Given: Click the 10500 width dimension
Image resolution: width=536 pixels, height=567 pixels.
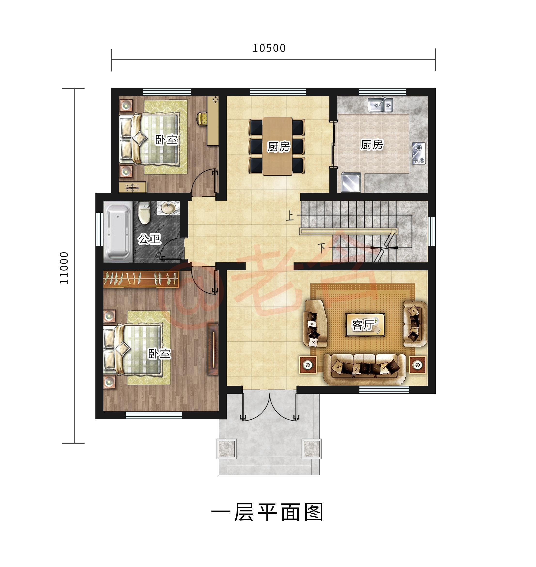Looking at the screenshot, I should tap(269, 48).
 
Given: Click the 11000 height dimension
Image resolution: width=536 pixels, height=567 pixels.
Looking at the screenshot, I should tap(64, 268).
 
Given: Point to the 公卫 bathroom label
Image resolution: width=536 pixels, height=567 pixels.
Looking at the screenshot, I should tap(149, 239).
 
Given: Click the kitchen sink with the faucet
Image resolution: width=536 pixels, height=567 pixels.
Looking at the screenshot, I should tap(380, 105).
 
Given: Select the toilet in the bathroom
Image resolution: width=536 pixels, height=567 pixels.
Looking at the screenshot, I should tap(144, 213).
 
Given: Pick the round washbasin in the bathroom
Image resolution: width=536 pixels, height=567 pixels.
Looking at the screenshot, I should tap(168, 208).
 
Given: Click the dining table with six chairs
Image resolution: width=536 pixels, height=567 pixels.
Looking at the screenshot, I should tap(277, 146).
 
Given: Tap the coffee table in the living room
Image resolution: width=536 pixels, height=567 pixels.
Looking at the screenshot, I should tap(365, 325).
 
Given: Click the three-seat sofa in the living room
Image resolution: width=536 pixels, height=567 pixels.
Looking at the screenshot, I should tap(364, 369).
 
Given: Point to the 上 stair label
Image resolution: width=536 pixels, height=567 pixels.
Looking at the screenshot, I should tap(290, 216).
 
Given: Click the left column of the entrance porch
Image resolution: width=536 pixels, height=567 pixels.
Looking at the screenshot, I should tap(226, 449).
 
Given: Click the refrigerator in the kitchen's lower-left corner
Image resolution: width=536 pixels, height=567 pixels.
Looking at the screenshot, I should tap(351, 182).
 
